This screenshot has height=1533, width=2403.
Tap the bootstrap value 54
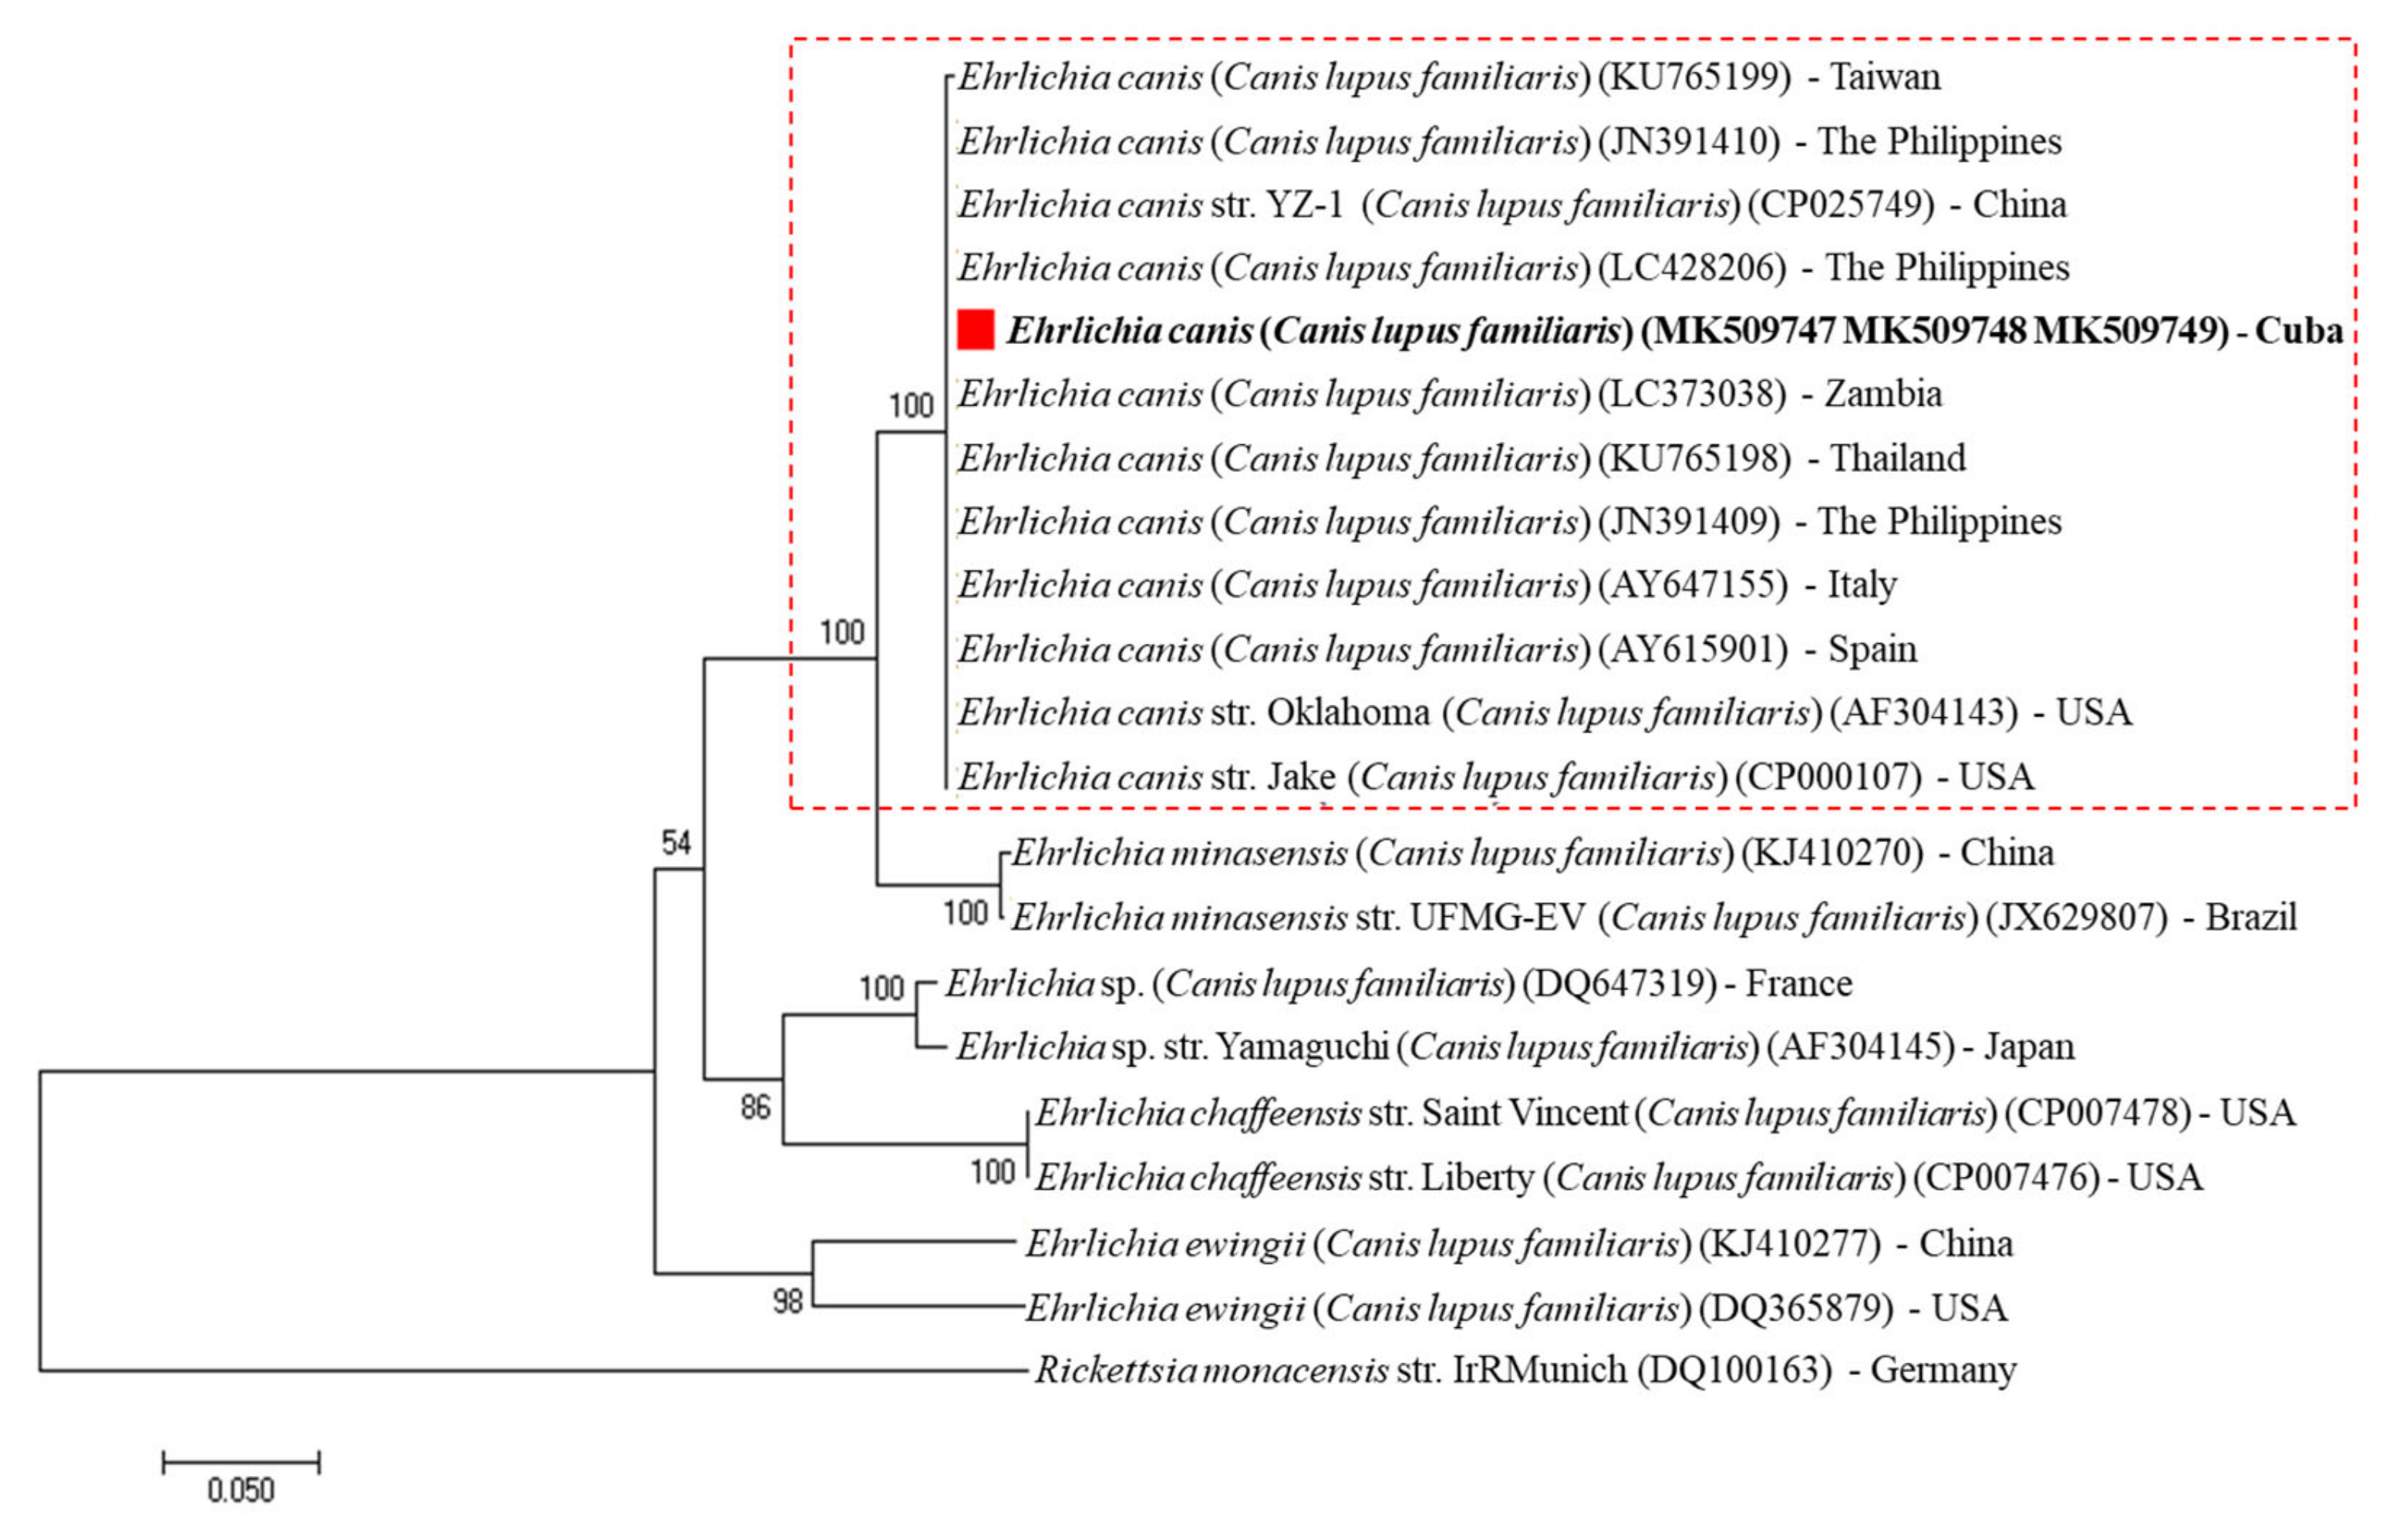[x=676, y=844]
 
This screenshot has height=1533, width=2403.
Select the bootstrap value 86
[x=756, y=1107]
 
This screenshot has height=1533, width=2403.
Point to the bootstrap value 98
[x=787, y=1300]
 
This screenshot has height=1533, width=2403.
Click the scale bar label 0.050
[x=241, y=1490]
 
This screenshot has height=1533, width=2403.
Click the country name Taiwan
[x=1885, y=77]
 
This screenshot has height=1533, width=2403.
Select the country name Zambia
[x=1883, y=394]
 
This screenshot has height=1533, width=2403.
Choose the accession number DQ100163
[x=1734, y=1370]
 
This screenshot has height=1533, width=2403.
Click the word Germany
[x=1943, y=1370]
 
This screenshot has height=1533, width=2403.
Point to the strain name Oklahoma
[x=1348, y=713]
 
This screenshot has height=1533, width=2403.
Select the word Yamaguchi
[x=1303, y=1046]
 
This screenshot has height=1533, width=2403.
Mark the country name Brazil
[x=2251, y=916]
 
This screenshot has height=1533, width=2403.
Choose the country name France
[x=1798, y=983]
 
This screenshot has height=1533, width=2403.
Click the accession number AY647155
[x=1693, y=585]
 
